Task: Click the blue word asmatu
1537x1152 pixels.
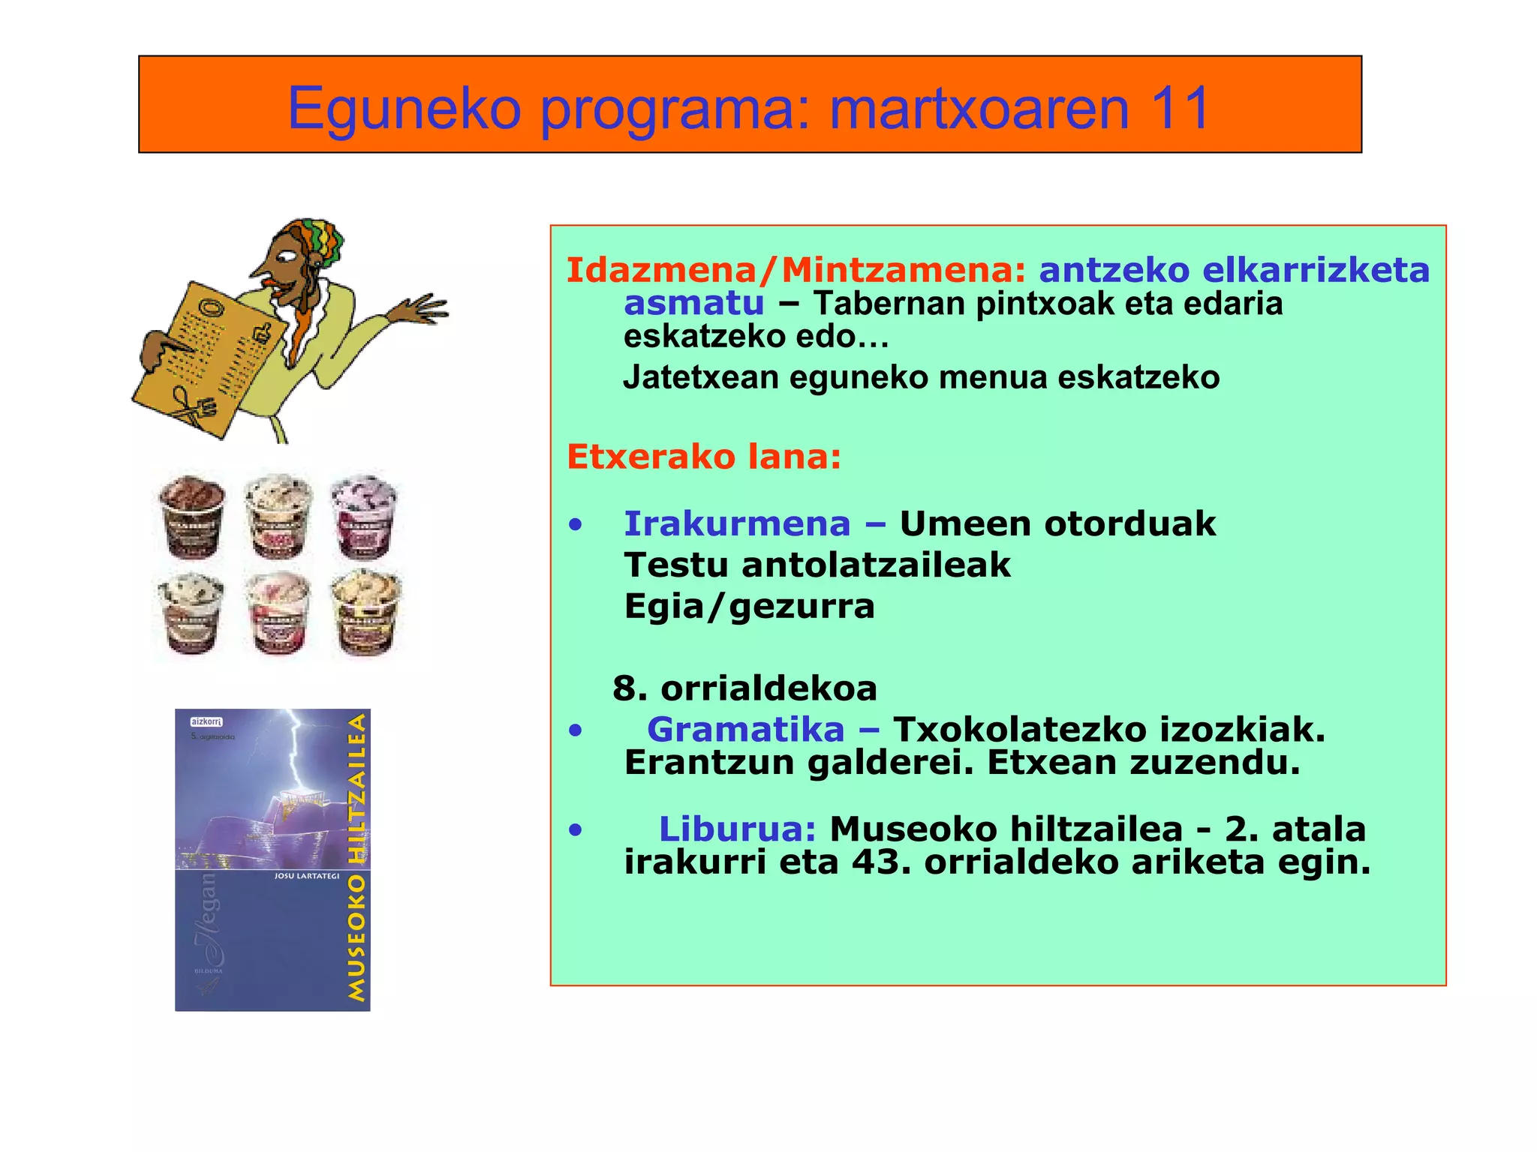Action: pos(693,304)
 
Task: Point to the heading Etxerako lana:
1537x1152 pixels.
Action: pos(703,456)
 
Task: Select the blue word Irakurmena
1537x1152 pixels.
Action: pos(736,523)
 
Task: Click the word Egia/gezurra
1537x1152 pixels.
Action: pos(749,606)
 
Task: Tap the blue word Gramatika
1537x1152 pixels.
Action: pos(745,729)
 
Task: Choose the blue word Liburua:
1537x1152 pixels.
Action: pos(737,829)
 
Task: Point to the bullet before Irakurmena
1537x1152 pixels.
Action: pos(575,524)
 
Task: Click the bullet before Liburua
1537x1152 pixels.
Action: pos(575,829)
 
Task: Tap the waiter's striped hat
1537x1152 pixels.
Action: pos(315,236)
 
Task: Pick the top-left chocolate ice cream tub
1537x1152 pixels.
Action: pos(192,517)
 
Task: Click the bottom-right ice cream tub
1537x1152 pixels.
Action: pos(365,611)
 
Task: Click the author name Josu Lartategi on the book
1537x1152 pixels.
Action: pos(306,876)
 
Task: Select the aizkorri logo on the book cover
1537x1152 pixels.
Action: pos(206,721)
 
